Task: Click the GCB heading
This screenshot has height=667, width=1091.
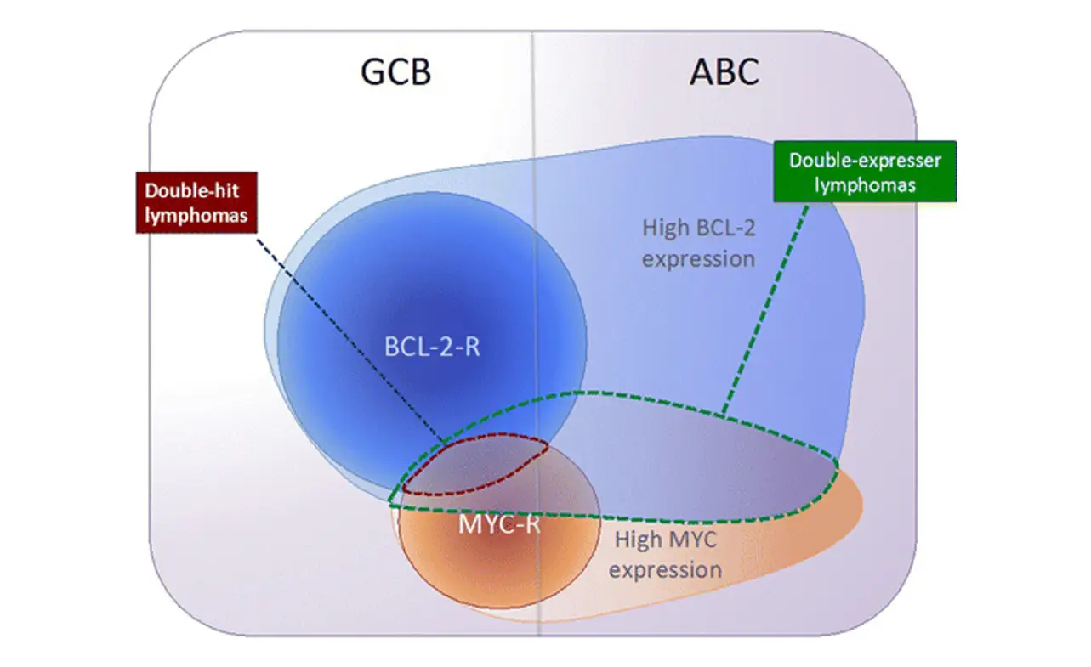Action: (x=396, y=73)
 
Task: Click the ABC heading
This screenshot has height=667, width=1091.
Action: (x=724, y=73)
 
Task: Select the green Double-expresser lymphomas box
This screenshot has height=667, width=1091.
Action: (x=865, y=172)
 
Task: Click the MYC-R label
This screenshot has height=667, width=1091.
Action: (x=499, y=523)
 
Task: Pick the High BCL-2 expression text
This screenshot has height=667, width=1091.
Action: (x=698, y=242)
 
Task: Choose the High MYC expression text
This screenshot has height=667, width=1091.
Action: (x=666, y=554)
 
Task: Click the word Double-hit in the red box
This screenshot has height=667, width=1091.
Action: (x=196, y=190)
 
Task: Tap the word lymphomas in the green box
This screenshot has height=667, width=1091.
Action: (x=865, y=185)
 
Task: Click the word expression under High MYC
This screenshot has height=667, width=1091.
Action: (x=666, y=568)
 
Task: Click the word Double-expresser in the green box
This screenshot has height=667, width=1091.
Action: (x=865, y=160)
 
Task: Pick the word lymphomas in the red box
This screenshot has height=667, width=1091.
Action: (x=196, y=214)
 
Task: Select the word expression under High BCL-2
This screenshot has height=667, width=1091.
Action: (x=698, y=257)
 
